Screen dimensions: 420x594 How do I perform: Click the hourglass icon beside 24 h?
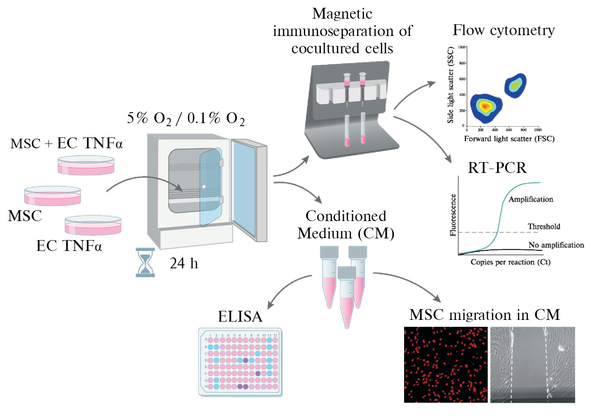pos(145,262)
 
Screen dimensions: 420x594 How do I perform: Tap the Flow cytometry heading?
pos(503,30)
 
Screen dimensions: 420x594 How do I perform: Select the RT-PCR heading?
pos(497,168)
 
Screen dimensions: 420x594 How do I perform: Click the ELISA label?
pos(240,316)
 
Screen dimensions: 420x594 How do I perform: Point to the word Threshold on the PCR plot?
pos(544,226)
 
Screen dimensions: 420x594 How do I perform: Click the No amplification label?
pos(556,245)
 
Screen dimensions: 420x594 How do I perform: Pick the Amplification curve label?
pos(531,199)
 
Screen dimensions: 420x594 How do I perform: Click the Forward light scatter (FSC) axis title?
pos(509,139)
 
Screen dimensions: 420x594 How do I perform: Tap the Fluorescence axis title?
pos(453,215)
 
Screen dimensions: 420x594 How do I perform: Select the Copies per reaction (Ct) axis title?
pos(510,262)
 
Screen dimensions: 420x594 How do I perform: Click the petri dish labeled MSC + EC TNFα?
pos(86,166)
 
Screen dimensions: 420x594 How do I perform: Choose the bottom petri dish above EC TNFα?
pos(93,225)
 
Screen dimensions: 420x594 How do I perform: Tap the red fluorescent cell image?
pos(446,365)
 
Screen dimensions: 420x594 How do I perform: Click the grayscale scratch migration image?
pos(532,365)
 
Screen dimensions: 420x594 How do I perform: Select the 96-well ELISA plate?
pos(241,362)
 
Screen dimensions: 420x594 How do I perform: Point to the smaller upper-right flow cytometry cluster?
pos(515,85)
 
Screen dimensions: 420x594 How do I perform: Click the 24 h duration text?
pos(184,263)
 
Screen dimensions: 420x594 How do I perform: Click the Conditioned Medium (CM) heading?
pos(346,225)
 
